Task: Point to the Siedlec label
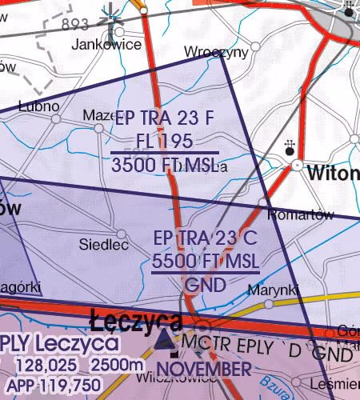click(104, 245)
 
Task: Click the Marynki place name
click(273, 289)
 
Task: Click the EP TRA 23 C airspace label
click(205, 238)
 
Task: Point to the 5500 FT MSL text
click(205, 261)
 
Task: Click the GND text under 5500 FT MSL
click(205, 284)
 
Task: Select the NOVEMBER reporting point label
click(203, 369)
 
